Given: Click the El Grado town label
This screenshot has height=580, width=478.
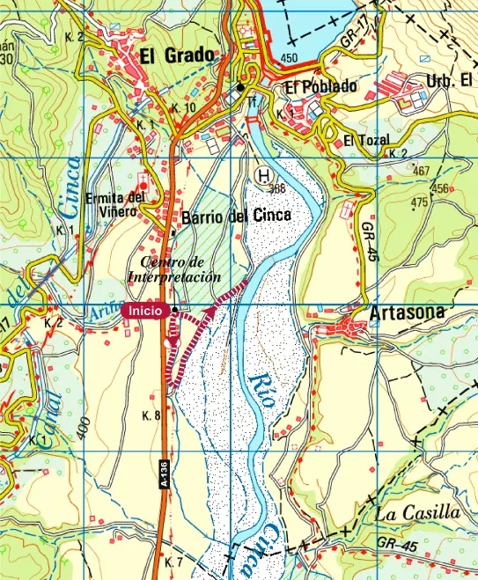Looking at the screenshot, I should pyautogui.click(x=177, y=56).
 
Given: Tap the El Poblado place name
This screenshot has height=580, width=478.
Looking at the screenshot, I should pyautogui.click(x=321, y=86).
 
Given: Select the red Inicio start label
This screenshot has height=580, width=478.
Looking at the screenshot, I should pyautogui.click(x=145, y=310).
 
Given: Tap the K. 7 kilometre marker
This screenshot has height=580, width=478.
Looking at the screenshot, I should pyautogui.click(x=173, y=561).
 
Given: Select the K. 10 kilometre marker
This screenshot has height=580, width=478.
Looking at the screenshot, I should pyautogui.click(x=184, y=107).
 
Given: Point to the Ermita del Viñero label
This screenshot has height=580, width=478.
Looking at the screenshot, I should pyautogui.click(x=115, y=203).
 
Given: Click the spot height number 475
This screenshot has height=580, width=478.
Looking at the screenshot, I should pyautogui.click(x=419, y=202).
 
